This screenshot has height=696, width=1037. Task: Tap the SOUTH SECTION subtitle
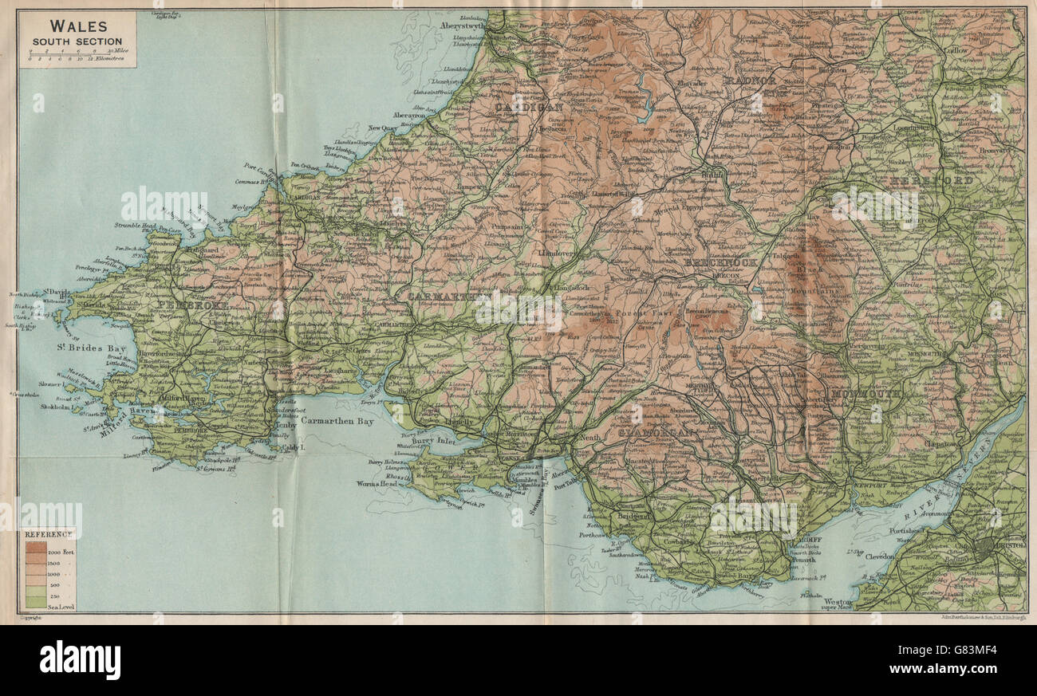pos(77,41)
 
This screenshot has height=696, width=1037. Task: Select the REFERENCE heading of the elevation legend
pos(48,533)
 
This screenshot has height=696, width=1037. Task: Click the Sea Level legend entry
pos(61,606)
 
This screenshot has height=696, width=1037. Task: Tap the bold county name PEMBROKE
pos(193,305)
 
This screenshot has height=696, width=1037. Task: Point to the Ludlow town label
pos(957,50)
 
